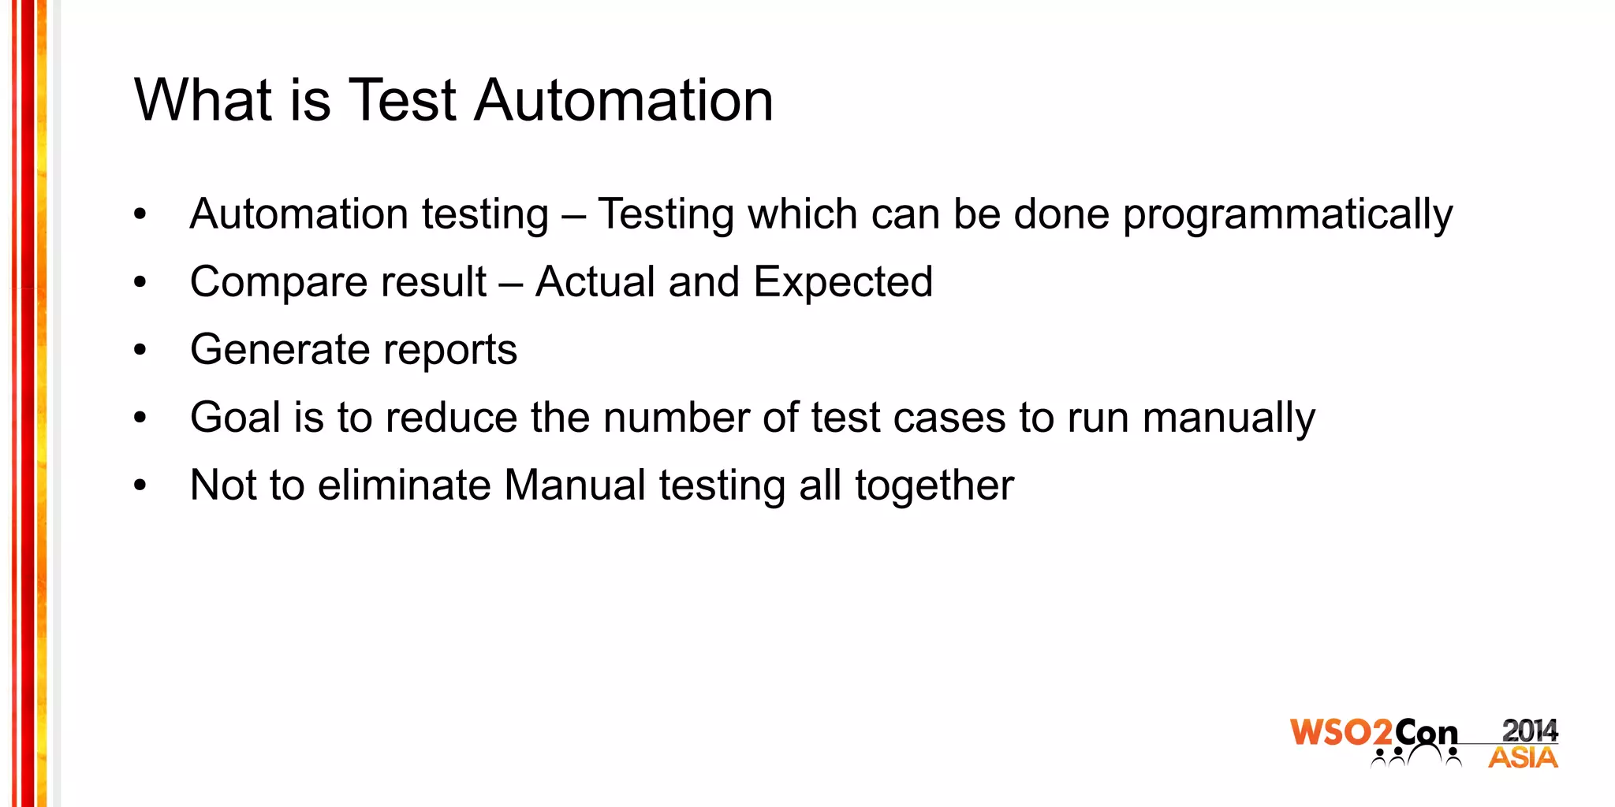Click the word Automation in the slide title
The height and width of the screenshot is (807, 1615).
624,100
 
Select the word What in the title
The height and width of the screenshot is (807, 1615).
203,100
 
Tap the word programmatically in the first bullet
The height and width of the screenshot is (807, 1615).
1287,215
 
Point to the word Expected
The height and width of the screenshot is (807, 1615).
843,282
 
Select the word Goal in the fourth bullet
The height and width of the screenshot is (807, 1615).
235,417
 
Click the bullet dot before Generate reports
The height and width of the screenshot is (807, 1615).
140,350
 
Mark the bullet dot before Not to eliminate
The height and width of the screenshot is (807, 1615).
140,485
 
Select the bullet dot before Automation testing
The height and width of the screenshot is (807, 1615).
140,214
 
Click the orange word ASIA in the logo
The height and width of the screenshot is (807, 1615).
1523,758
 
